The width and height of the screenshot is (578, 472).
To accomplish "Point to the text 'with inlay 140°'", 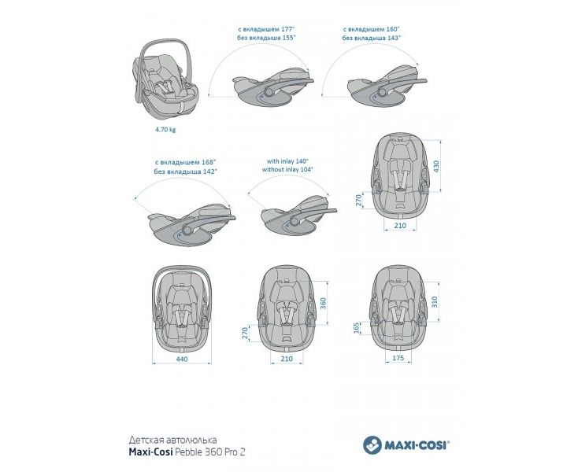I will tap(288, 160).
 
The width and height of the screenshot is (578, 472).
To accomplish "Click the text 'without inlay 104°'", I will tap(288, 168).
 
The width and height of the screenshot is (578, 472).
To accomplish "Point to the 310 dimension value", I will tap(433, 302).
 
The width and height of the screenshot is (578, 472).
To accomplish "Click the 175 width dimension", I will tap(398, 359).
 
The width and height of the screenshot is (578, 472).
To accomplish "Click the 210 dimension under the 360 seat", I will tap(287, 359).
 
